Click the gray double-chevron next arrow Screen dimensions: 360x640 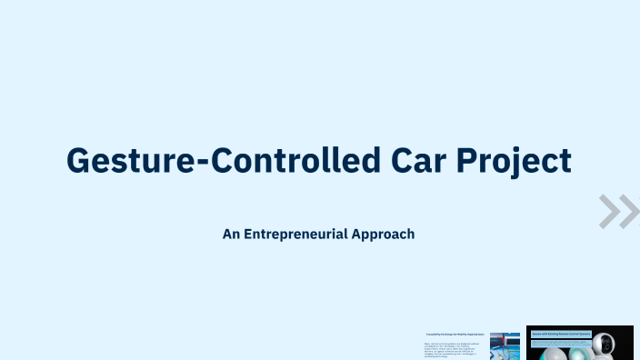(x=620, y=211)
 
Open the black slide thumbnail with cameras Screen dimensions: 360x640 (x=579, y=343)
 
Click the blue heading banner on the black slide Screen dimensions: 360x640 (x=560, y=334)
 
